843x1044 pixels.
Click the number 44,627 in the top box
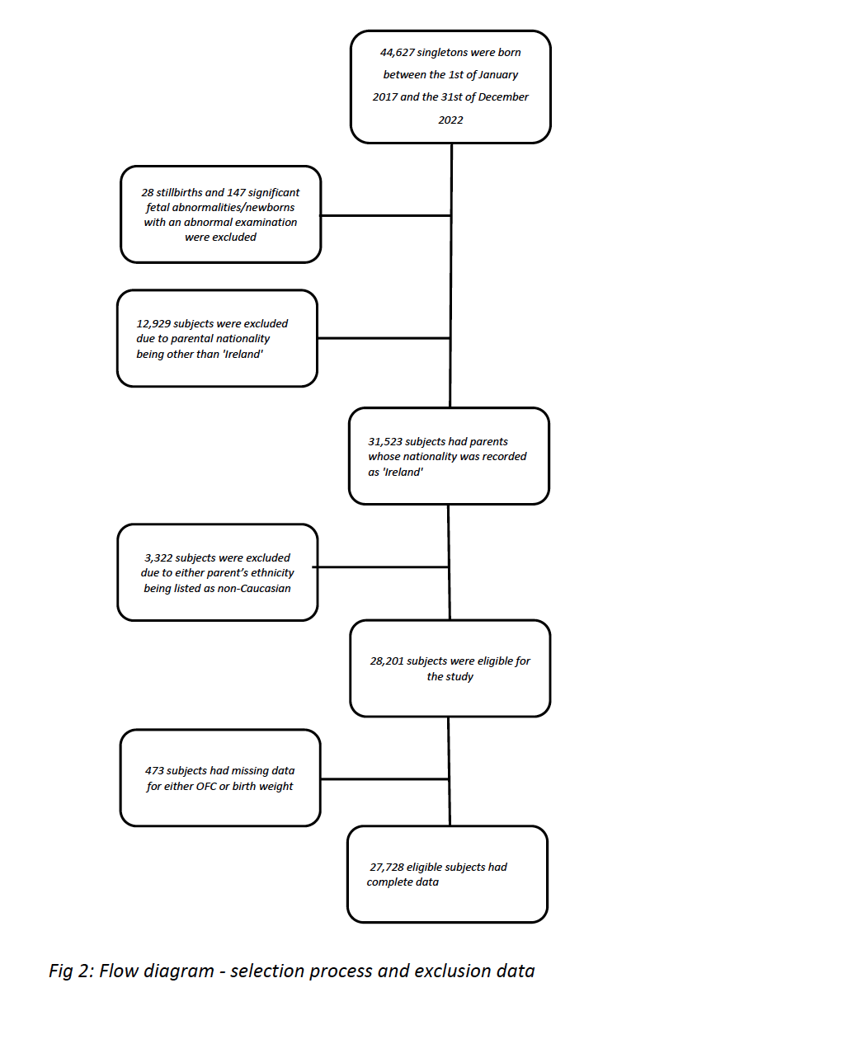397,53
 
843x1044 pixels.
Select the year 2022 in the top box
450,120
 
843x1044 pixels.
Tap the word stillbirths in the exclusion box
179,193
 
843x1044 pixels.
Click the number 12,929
153,324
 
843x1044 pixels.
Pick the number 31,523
385,442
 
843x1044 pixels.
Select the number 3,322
158,557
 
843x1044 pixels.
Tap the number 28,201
387,661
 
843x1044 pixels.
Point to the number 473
154,770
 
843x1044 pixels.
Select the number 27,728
387,867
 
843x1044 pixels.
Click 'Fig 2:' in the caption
72,971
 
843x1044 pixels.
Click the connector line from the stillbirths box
385,215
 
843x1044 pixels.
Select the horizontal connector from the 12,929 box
384,338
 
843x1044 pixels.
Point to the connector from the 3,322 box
380,567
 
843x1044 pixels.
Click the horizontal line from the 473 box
384,778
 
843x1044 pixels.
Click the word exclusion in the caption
453,971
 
